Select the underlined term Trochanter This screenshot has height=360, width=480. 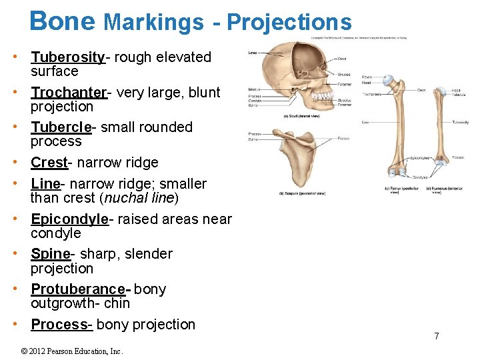(x=69, y=93)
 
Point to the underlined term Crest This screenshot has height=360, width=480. (x=49, y=163)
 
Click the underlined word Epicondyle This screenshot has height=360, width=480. (x=70, y=219)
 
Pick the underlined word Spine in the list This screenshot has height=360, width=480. (x=51, y=254)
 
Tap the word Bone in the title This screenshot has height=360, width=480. (x=63, y=21)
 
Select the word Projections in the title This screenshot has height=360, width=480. (x=289, y=22)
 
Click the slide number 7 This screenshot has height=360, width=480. (x=437, y=336)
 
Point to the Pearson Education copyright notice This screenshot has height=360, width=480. (x=73, y=351)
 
